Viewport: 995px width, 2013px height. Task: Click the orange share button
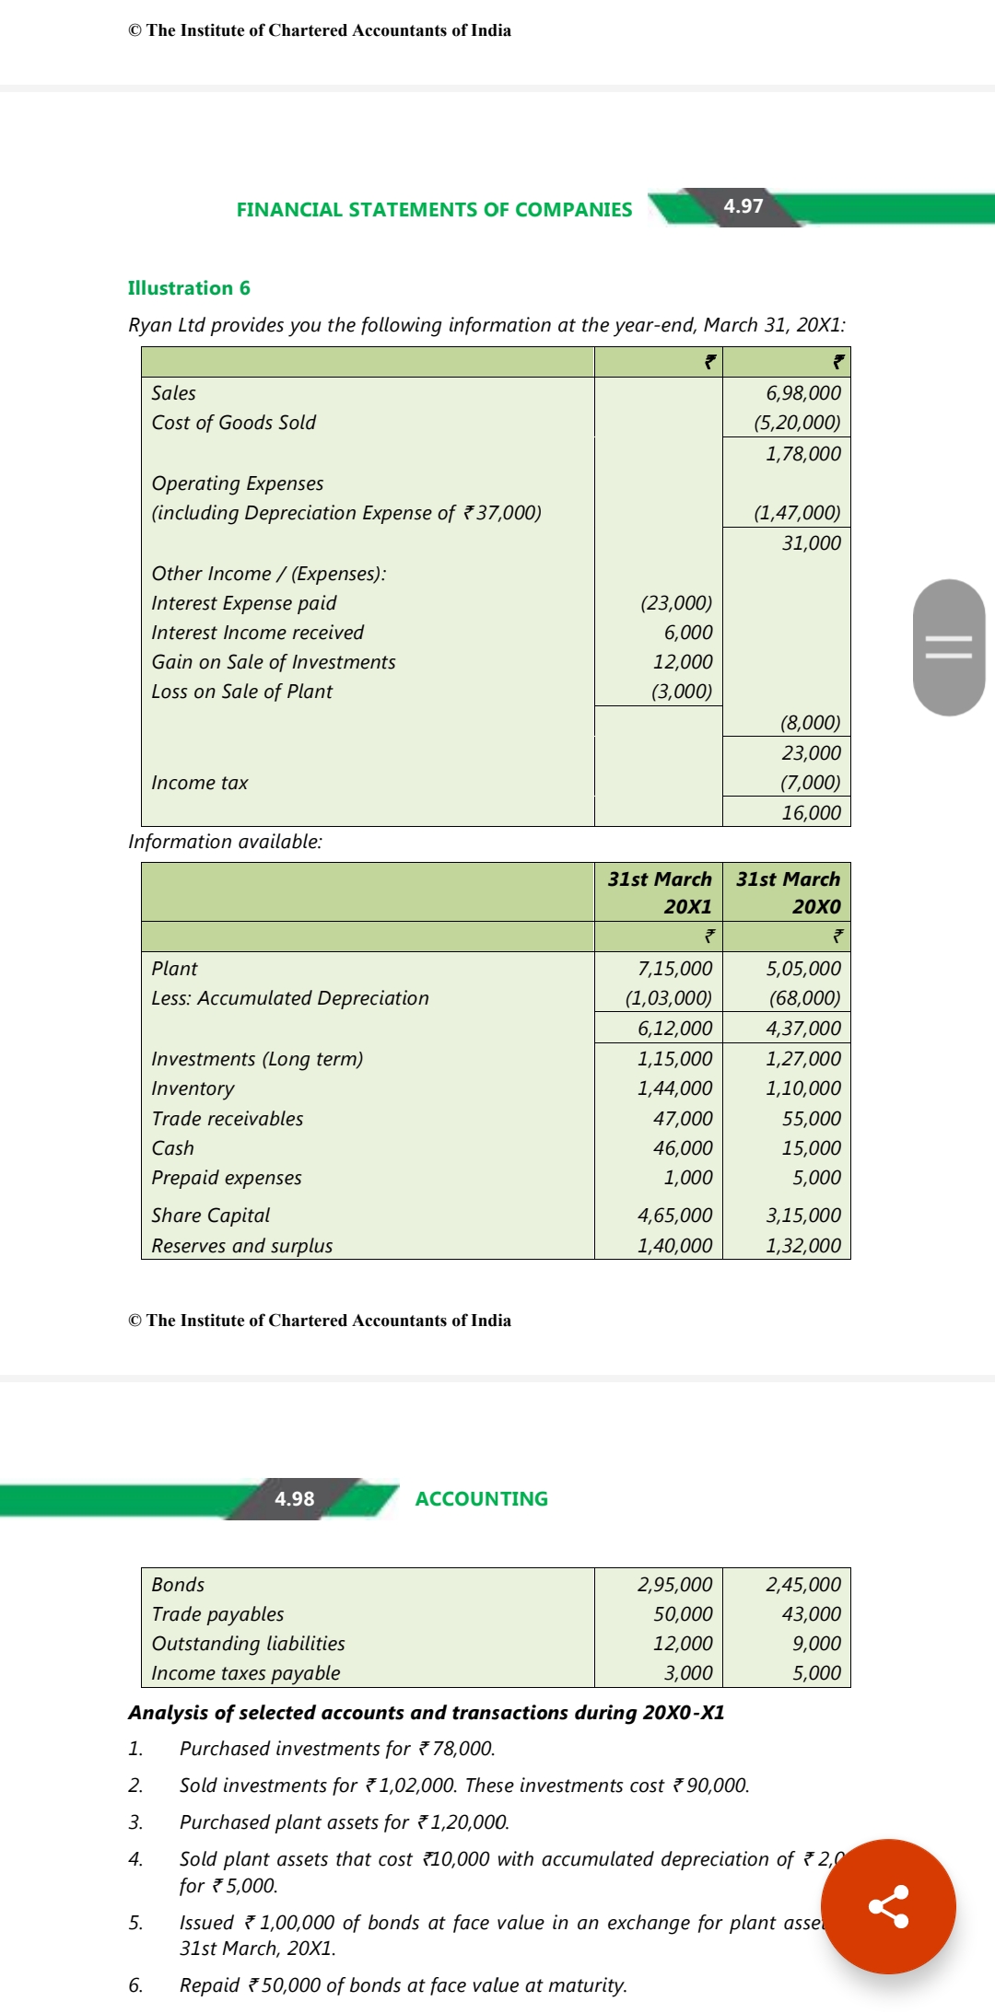(888, 1906)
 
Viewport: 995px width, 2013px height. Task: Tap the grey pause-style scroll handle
(948, 647)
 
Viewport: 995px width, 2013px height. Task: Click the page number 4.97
(743, 206)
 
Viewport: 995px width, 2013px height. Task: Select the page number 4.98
(295, 1499)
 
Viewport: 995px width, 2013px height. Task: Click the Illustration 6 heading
(189, 288)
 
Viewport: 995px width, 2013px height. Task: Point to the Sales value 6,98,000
(803, 393)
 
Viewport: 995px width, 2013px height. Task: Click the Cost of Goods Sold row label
(234, 423)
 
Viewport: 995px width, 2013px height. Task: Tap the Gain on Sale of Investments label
(274, 662)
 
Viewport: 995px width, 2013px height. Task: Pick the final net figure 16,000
(811, 813)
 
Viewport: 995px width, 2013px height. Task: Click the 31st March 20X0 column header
(788, 892)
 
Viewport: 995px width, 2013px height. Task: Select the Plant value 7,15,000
(674, 969)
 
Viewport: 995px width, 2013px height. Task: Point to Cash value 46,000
(683, 1148)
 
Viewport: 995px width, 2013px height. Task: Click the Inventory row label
(193, 1088)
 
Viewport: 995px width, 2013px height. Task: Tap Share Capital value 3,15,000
(803, 1216)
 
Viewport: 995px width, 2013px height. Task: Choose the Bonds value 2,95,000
(674, 1585)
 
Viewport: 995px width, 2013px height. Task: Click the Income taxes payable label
(246, 1673)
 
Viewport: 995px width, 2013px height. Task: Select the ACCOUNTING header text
(481, 1499)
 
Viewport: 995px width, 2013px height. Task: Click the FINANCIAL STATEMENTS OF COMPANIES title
(434, 210)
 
